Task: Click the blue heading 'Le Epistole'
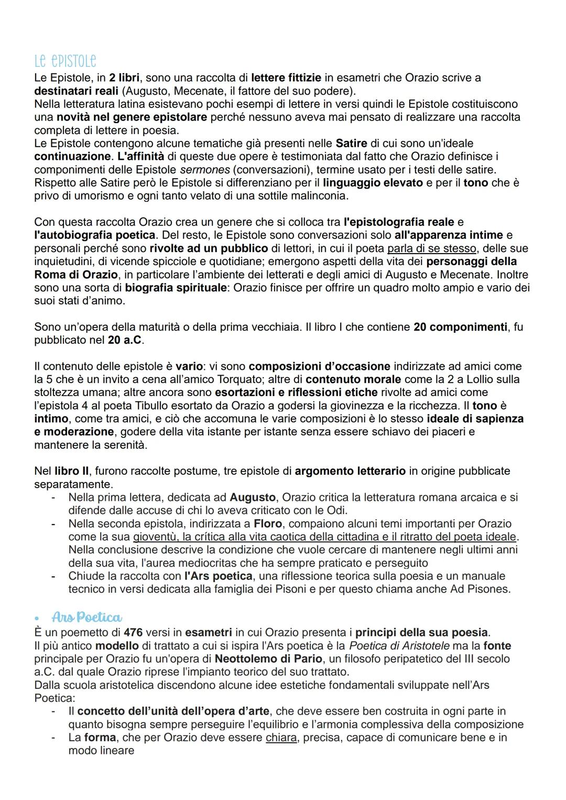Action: click(65, 61)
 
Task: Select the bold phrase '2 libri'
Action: click(124, 78)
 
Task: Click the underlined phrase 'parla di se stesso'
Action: click(431, 248)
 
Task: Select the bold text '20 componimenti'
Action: click(460, 327)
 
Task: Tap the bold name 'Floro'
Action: click(269, 523)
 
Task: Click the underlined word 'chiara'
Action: click(280, 737)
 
